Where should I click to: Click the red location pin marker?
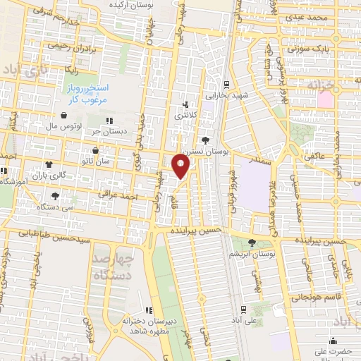pyautogui.click(x=181, y=168)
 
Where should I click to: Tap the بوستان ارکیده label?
pyautogui.click(x=137, y=4)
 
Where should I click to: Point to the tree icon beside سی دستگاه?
pyautogui.click(x=55, y=195)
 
